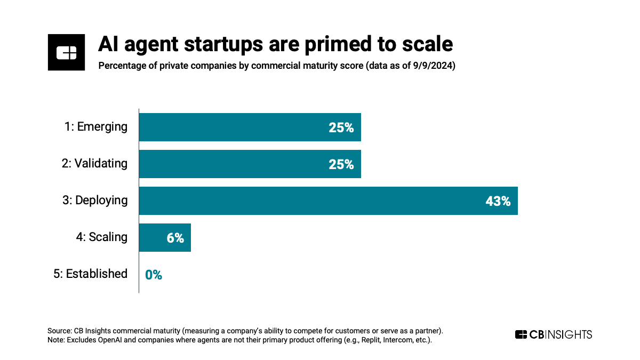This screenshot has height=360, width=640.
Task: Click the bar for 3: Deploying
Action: (x=328, y=201)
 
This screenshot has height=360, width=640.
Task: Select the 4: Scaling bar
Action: (x=164, y=237)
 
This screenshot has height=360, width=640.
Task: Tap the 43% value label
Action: (x=498, y=201)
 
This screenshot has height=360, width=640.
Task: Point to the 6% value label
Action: (x=175, y=238)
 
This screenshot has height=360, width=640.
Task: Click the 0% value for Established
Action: (x=154, y=275)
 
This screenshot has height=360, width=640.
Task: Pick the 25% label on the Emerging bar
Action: (x=341, y=127)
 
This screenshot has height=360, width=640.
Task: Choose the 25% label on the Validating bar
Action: (x=341, y=164)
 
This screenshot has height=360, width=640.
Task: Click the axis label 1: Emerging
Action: (x=94, y=127)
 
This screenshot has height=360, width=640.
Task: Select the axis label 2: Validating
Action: (x=94, y=163)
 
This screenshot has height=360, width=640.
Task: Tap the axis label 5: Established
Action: (x=91, y=274)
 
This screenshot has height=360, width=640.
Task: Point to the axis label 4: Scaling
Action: (x=102, y=237)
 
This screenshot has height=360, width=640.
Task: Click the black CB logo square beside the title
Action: (x=66, y=52)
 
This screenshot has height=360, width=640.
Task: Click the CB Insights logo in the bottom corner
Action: (x=553, y=334)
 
